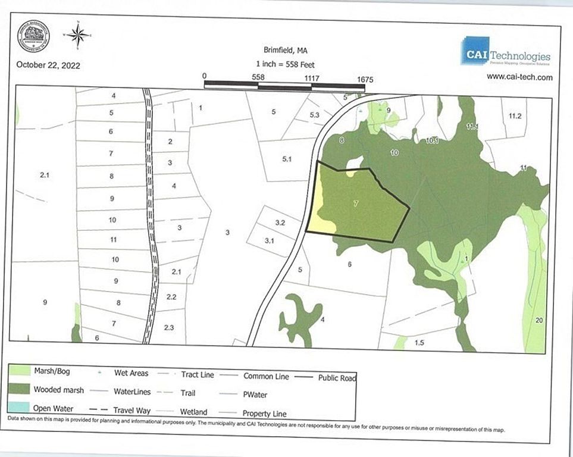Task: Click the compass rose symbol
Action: (78, 35)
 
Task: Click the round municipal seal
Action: (33, 36)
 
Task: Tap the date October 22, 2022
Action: (48, 65)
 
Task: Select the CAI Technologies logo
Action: (506, 52)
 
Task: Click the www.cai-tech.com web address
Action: (519, 77)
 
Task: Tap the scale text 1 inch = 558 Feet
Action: (285, 64)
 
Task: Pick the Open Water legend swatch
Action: (20, 409)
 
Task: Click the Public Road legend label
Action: (337, 377)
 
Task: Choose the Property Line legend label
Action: (264, 414)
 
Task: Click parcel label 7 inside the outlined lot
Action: (355, 204)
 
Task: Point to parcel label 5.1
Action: (287, 159)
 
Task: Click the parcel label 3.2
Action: (280, 223)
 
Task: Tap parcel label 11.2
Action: (515, 116)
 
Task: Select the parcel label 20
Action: (539, 321)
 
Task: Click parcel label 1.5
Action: (419, 343)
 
